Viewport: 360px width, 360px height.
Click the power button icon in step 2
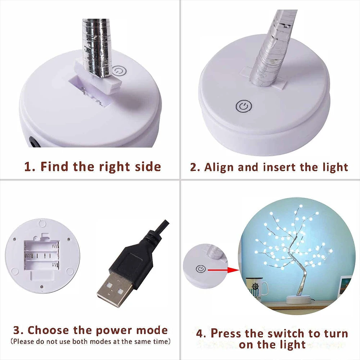(x=244, y=107)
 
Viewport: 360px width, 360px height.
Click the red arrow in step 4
(x=223, y=270)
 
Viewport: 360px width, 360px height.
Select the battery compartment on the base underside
(x=42, y=255)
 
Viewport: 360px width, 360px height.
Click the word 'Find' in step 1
(x=55, y=166)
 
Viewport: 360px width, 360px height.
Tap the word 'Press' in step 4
(x=226, y=333)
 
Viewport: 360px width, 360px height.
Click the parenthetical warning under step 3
(x=91, y=341)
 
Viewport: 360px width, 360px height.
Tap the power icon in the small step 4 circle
(x=201, y=269)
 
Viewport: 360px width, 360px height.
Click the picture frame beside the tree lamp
(x=345, y=287)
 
